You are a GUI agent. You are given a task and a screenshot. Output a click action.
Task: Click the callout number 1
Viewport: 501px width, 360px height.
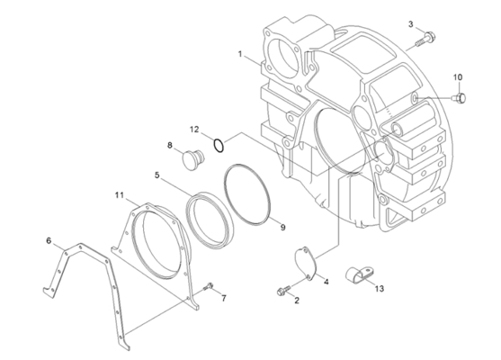239,55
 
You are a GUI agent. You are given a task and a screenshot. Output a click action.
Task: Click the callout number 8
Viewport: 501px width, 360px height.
169,144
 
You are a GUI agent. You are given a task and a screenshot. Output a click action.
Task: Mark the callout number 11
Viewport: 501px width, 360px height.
118,194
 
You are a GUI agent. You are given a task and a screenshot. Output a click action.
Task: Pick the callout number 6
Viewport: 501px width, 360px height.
49,240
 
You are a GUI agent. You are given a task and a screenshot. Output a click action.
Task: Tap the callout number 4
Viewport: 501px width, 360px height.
327,282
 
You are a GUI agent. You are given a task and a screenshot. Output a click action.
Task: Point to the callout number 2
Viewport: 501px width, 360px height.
295,301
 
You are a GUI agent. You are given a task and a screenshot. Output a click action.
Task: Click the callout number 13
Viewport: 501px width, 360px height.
379,289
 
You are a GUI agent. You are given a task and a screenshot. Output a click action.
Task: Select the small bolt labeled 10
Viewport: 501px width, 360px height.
461,96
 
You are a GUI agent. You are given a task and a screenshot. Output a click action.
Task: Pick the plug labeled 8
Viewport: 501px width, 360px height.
192,161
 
